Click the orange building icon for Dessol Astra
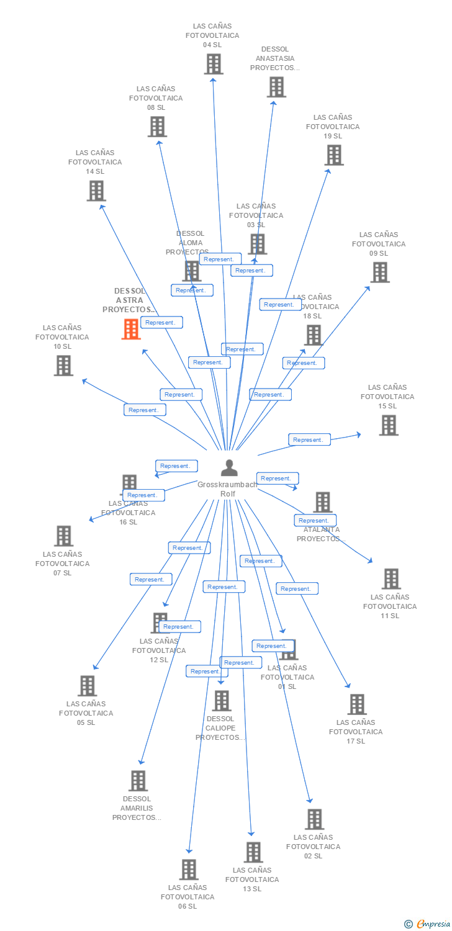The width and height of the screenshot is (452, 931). coord(130,329)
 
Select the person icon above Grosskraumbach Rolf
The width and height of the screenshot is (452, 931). coord(229,468)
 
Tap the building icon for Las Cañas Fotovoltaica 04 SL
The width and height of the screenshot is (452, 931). coord(213,64)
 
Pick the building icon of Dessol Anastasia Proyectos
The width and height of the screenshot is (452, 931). coord(276,87)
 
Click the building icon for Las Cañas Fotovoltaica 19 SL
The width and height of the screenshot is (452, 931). coord(333,155)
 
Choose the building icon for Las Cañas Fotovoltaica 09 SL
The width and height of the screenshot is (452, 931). coord(379,272)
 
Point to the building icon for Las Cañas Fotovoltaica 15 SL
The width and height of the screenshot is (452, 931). coord(388,425)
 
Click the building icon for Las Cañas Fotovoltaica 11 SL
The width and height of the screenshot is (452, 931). coord(391,578)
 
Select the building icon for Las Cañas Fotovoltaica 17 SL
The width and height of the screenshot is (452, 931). coord(356,704)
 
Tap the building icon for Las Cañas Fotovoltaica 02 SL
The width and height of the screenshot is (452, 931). coord(314,819)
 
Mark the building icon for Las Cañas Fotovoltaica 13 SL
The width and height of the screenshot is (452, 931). coord(253,852)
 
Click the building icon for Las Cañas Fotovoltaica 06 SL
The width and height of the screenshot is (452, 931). coord(188,870)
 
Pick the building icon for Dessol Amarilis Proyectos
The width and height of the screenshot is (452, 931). coord(138,781)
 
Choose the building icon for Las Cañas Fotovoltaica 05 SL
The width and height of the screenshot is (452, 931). coord(87,686)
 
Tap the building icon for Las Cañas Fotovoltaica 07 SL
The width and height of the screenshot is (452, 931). coord(63,536)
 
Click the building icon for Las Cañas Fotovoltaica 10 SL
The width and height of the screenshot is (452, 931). coord(63,366)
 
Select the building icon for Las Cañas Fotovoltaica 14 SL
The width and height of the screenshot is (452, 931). coord(96,191)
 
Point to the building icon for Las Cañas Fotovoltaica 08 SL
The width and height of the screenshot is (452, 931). coord(157,127)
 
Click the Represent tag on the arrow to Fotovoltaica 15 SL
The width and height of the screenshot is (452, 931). coord(309,439)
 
